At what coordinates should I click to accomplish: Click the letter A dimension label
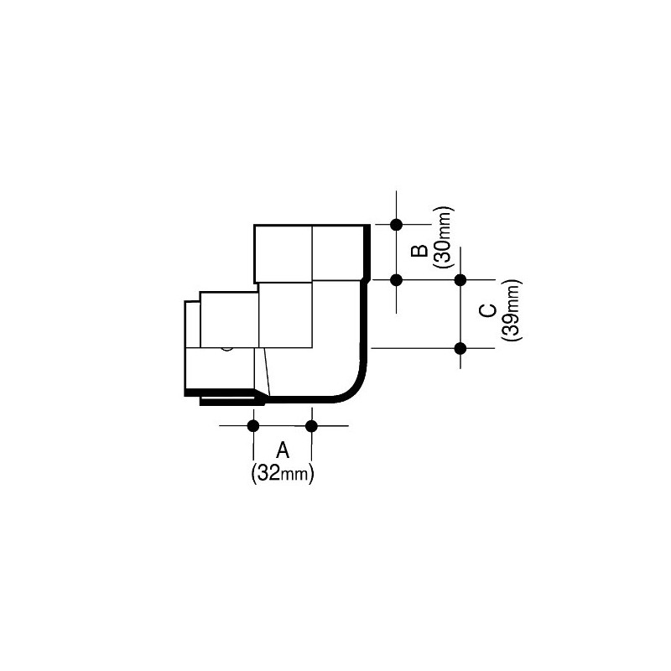click(x=283, y=450)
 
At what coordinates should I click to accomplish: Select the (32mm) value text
click(x=283, y=474)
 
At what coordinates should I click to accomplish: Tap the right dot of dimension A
click(x=312, y=426)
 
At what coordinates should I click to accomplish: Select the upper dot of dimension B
click(x=397, y=224)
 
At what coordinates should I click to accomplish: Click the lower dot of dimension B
click(x=397, y=279)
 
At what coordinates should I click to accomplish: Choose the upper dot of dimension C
click(x=460, y=279)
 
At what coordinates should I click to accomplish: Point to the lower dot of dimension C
click(x=460, y=347)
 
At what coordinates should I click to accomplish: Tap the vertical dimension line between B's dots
click(x=397, y=252)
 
